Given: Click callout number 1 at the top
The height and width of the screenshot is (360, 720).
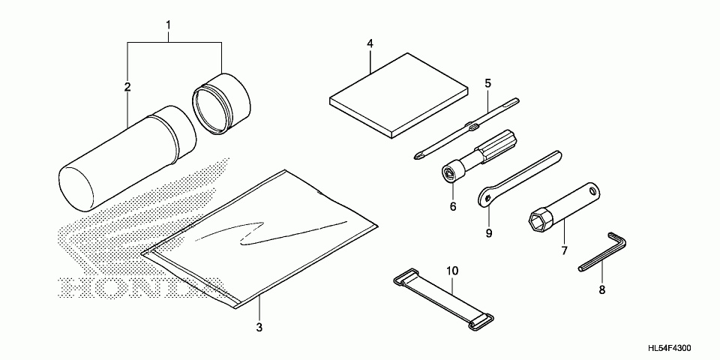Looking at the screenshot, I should coord(169,25).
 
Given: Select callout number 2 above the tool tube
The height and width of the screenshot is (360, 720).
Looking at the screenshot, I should coord(127,88).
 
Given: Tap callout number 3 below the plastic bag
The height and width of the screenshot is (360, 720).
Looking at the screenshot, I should coord(259,327).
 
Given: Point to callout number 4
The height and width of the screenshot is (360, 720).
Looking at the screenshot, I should coord(370,43).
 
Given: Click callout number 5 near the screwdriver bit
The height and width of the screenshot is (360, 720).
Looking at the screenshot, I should coord(487,82).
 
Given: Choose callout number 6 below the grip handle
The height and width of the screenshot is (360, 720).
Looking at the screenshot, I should coord(453,205).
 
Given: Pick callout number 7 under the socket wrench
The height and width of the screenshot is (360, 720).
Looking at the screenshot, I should coord(564,250).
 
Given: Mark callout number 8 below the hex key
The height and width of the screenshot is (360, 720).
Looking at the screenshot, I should coord(601,288).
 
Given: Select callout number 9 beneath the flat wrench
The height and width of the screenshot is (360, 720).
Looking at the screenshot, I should coord(488,233).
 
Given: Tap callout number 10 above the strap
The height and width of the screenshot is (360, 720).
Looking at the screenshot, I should coord(451,269).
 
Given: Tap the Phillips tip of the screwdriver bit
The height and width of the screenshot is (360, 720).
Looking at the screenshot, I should coord(417,156).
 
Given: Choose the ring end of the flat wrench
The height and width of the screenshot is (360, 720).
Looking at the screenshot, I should coord(487,196).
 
